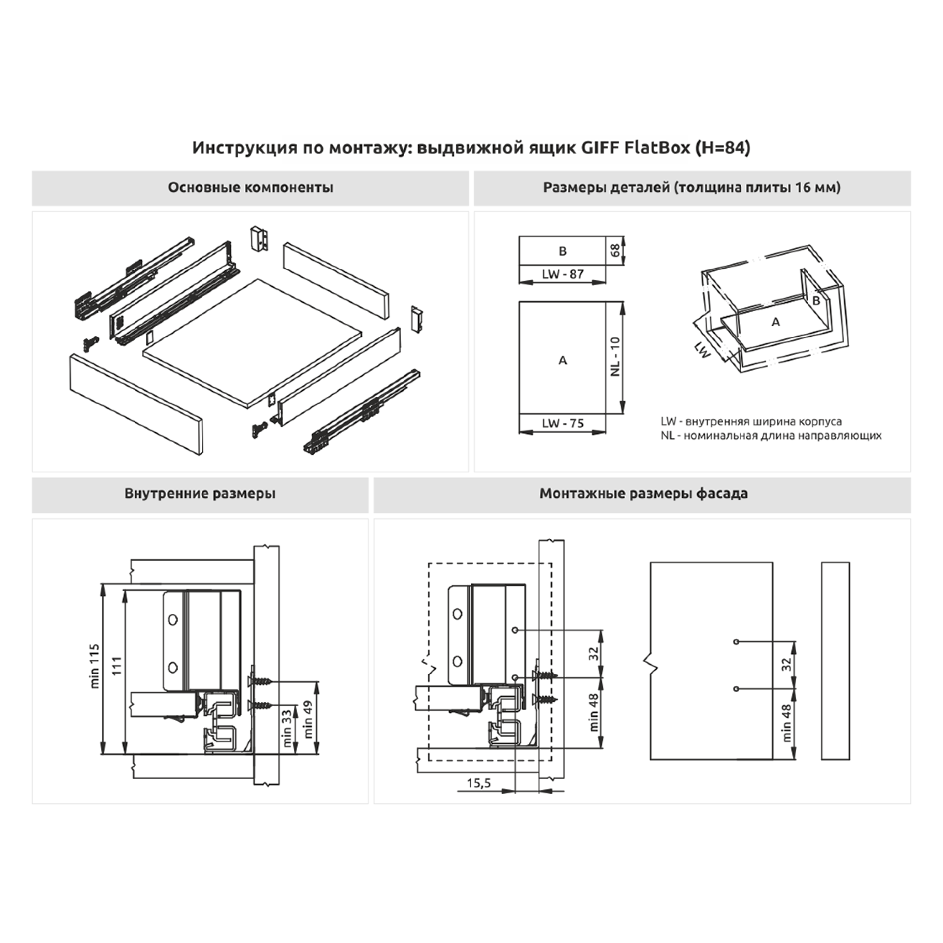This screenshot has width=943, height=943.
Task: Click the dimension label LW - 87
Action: coord(562,274)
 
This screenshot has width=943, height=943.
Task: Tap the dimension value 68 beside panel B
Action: coord(615,251)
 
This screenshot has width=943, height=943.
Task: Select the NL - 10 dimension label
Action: coord(615,357)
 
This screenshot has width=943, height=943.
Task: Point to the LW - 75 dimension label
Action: coord(562,423)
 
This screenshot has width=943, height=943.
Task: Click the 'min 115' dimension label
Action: coord(95,666)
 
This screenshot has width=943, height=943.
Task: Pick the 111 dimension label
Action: coord(117,666)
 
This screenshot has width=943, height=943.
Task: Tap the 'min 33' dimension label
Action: coord(287,729)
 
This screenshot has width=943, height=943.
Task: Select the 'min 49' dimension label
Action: coord(308,719)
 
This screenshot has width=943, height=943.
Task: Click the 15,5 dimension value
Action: coord(478,783)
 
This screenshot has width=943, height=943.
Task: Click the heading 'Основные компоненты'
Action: coord(250,187)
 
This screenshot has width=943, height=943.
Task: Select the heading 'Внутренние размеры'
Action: coord(200,493)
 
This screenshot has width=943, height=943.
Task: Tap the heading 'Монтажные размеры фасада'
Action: coord(644,493)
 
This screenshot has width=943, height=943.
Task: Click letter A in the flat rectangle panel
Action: coord(562,360)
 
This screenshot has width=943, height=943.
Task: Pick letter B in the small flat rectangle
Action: coord(562,251)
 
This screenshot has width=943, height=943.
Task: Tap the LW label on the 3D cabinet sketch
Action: coord(702,350)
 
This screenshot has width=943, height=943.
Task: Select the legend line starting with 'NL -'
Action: coord(771,436)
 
